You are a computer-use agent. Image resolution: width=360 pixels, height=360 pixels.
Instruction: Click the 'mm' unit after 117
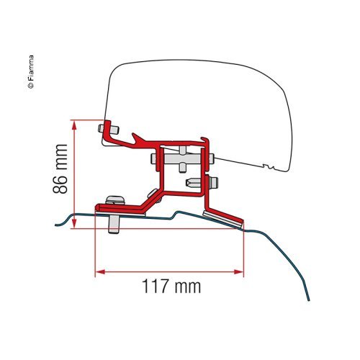186,287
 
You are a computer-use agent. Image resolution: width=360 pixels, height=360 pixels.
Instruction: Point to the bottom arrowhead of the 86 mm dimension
74,224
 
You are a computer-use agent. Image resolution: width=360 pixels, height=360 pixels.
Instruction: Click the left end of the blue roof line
58,224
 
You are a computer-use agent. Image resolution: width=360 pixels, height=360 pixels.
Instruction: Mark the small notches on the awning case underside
269,168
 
